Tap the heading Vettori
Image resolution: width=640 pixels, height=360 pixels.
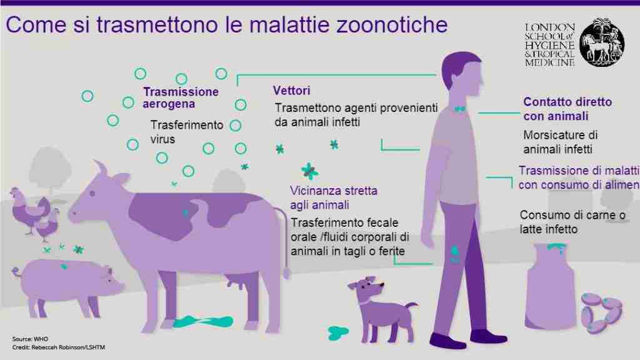[x=292, y=91]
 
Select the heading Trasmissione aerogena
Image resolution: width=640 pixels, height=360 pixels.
[x=181, y=97]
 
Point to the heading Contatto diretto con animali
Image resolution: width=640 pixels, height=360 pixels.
[x=567, y=109]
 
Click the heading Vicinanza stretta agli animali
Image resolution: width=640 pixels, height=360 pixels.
[x=334, y=197]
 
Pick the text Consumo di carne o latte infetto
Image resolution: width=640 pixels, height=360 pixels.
[x=572, y=222]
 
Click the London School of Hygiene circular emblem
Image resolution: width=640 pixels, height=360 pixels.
[x=601, y=42]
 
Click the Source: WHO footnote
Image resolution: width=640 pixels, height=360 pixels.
[x=31, y=338]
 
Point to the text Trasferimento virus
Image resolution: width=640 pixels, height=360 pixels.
[x=186, y=132]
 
